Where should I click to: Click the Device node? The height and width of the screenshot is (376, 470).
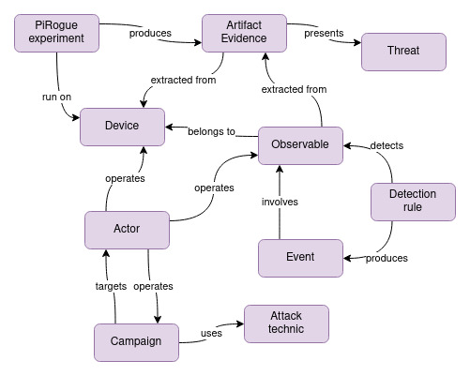[x=122, y=127]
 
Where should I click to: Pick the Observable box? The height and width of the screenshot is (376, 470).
[x=299, y=144]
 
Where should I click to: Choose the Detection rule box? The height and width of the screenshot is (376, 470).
[x=404, y=201]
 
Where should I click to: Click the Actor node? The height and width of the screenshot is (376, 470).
[x=127, y=229]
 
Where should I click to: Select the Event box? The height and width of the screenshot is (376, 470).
[x=299, y=256]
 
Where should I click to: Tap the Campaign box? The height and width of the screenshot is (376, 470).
[x=136, y=341]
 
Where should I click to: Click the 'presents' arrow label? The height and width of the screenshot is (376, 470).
[x=325, y=34]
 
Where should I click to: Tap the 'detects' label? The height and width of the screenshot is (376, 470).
[x=387, y=146]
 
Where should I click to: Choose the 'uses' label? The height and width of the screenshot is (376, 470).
[x=211, y=332]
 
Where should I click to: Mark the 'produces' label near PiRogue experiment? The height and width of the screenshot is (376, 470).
[x=151, y=34]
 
